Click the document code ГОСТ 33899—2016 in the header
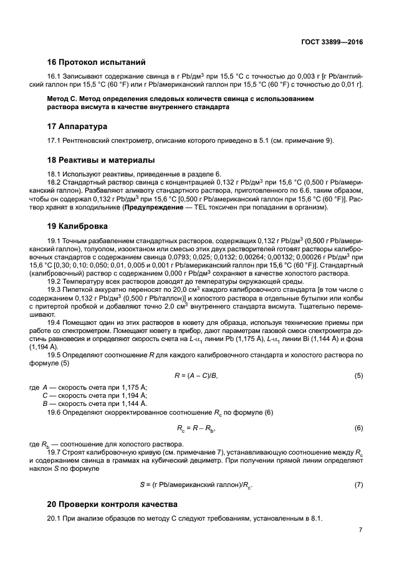(x=332, y=42)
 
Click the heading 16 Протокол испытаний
(x=96, y=62)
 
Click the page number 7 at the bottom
(x=361, y=530)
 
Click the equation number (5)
(x=358, y=375)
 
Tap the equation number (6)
(x=358, y=428)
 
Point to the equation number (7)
(x=358, y=484)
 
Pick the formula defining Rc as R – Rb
(x=197, y=429)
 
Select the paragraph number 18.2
(x=56, y=181)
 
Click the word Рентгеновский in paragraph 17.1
(x=91, y=141)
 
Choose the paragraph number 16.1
(x=56, y=76)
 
